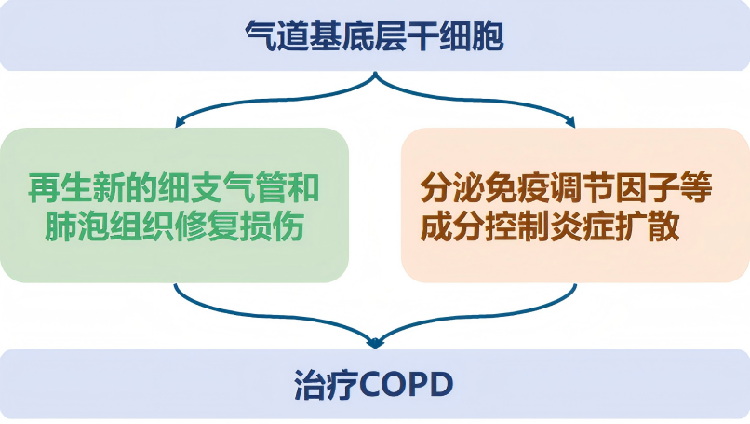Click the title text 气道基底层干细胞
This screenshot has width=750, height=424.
tap(374, 36)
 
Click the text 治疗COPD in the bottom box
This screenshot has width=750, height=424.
tap(373, 384)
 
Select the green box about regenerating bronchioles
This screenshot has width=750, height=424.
tap(174, 205)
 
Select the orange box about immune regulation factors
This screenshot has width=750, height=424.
tap(575, 205)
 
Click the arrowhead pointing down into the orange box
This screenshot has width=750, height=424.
tap(570, 124)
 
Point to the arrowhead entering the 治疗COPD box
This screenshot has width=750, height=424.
tap(375, 343)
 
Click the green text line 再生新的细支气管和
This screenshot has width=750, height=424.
tap(174, 188)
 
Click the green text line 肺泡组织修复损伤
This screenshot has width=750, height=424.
tap(175, 226)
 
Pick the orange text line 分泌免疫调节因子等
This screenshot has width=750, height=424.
tap(567, 188)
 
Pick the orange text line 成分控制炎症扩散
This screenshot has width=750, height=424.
tap(550, 226)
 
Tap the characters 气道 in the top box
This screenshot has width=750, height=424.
tap(277, 36)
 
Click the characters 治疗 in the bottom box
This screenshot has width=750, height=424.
tap(326, 385)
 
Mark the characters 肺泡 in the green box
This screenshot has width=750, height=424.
tap(76, 226)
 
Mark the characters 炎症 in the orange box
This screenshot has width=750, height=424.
tap(583, 226)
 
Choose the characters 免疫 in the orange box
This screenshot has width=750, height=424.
tap(518, 188)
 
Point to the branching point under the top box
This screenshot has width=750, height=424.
tap(375, 74)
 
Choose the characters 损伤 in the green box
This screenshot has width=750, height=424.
tap(272, 226)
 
